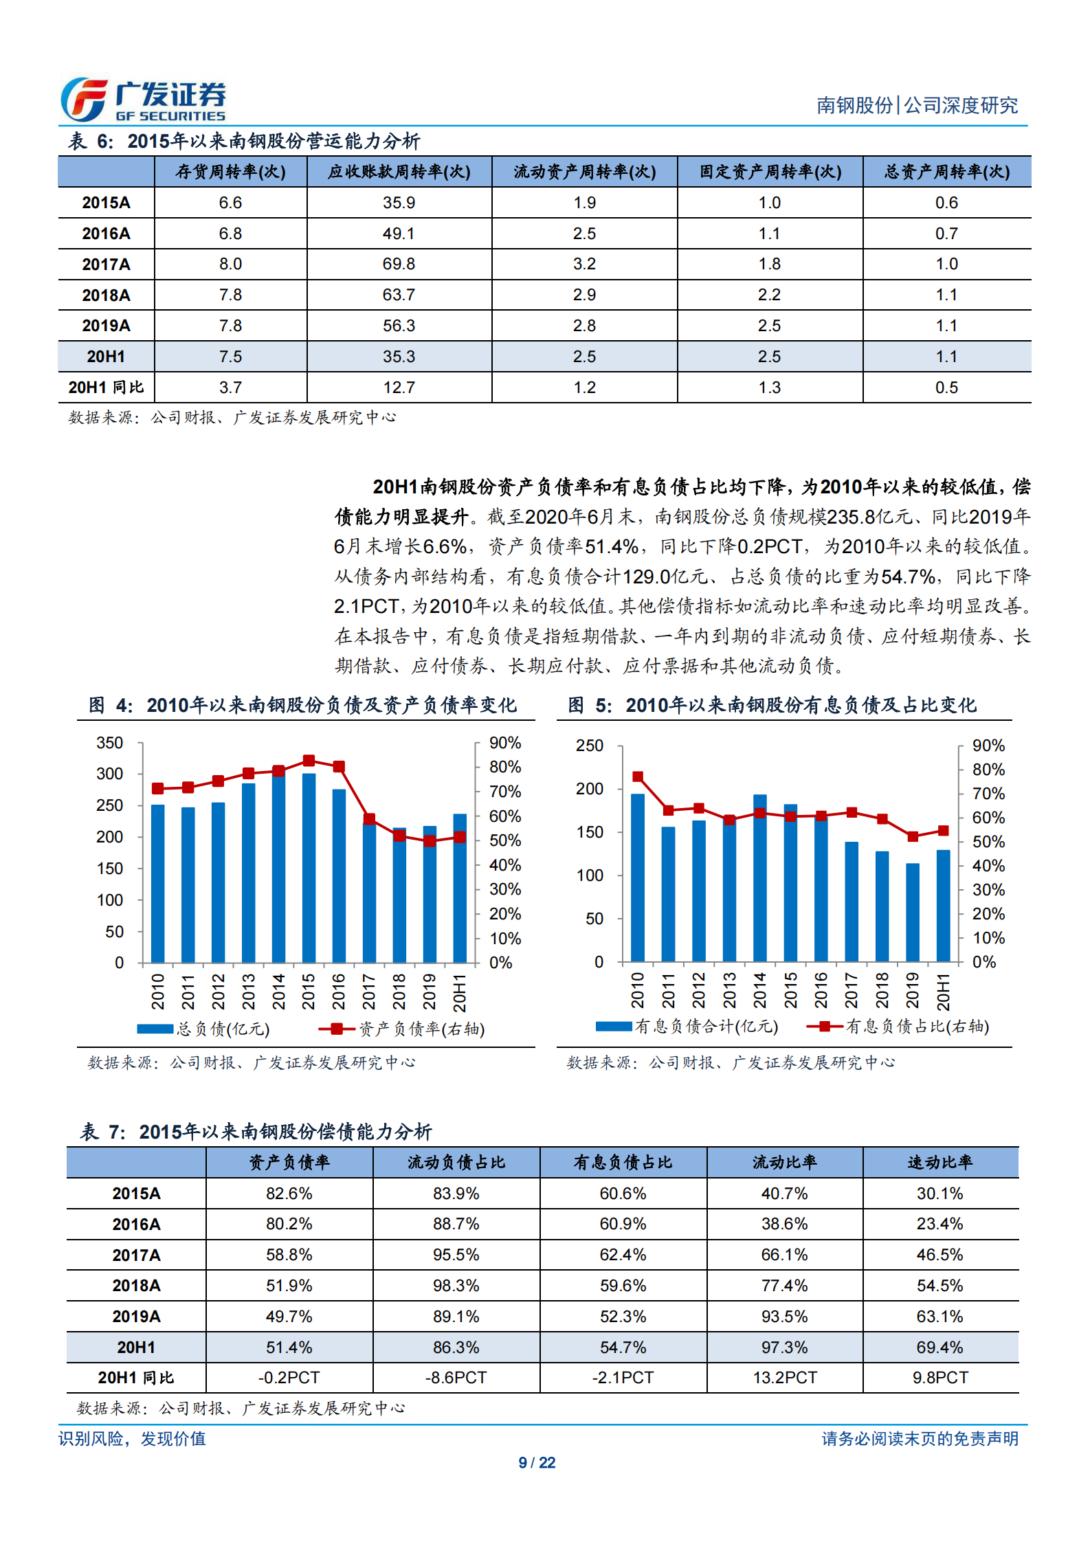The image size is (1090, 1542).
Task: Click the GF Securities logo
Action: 143,100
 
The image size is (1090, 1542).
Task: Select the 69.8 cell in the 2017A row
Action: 399,264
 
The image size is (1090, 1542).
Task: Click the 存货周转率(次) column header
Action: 230,172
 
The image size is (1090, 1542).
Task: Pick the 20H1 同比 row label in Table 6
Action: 106,388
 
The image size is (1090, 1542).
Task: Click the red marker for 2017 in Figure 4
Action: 369,819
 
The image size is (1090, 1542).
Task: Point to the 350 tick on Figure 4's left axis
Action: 110,743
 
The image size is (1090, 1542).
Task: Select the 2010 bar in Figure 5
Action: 638,877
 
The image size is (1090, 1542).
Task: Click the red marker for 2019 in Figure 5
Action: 913,836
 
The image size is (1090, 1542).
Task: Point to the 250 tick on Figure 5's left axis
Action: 590,746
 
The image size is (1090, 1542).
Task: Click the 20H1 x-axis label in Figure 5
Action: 943,992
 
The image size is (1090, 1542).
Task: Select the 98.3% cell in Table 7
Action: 456,1286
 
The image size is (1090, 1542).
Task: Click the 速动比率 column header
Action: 939,1163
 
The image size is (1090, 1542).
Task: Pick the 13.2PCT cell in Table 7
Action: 784,1378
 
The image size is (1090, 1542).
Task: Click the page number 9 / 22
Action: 537,1463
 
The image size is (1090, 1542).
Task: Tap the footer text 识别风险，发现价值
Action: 132,1439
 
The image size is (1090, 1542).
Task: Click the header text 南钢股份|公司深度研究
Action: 917,105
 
